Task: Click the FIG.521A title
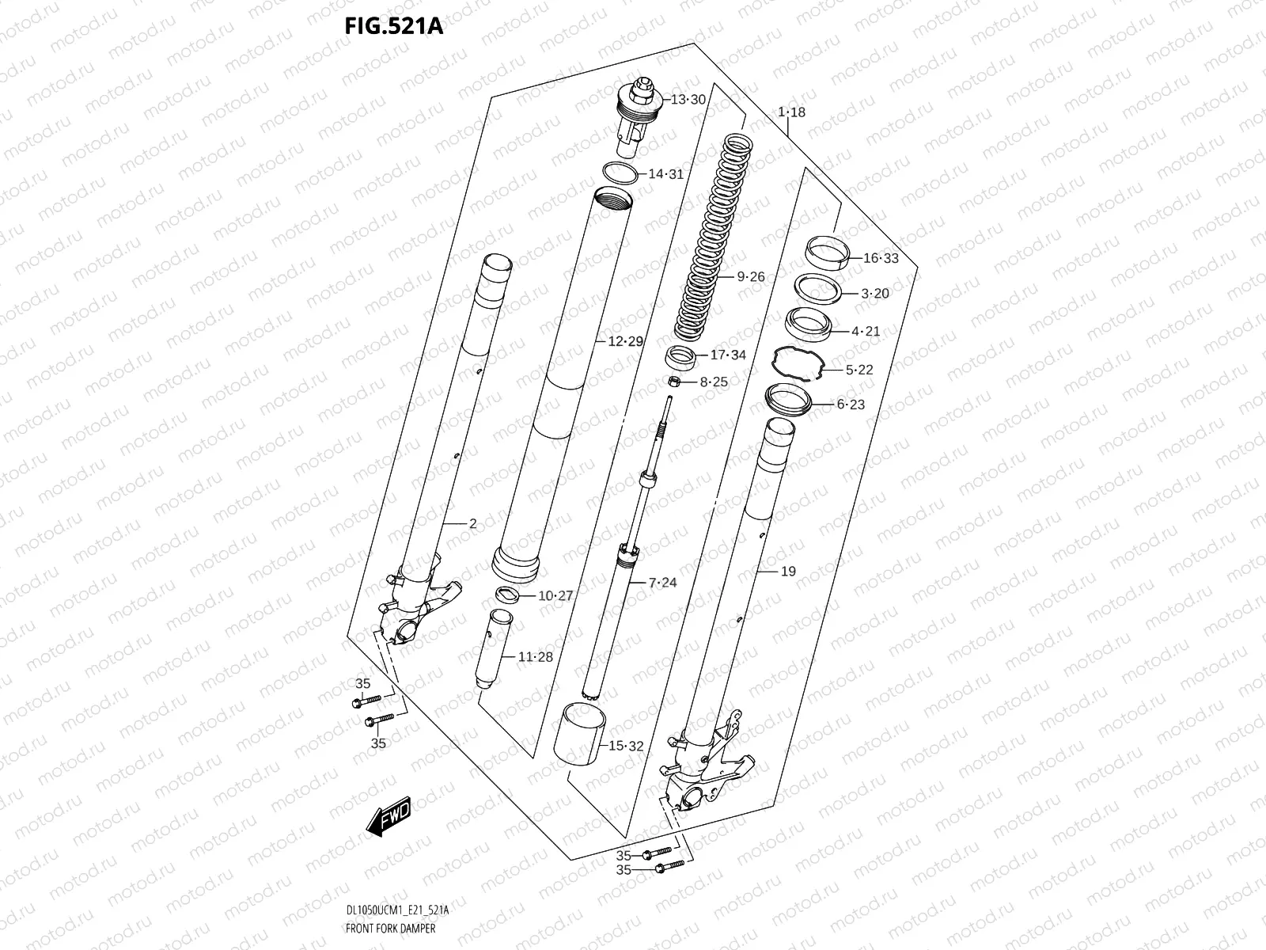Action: (393, 27)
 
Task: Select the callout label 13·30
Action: (687, 100)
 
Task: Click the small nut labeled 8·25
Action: (676, 382)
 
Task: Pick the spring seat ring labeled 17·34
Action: (680, 357)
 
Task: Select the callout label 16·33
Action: (880, 258)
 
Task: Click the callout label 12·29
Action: (625, 342)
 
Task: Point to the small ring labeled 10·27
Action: (507, 595)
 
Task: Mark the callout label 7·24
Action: (662, 583)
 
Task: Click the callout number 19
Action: (788, 572)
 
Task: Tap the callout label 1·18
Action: (791, 112)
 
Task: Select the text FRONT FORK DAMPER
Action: (391, 928)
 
